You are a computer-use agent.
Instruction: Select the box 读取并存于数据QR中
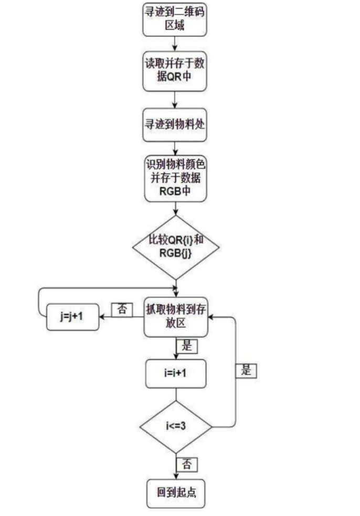pos(175,71)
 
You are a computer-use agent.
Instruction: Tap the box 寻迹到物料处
pos(175,124)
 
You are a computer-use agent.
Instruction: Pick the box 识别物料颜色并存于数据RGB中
pos(175,178)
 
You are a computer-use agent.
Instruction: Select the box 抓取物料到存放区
pos(176,317)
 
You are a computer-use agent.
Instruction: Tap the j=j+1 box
pos(72,317)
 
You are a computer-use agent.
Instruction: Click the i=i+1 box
pos(175,374)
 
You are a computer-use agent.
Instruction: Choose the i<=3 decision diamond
pos(176,426)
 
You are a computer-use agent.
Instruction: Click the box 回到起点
pos(175,493)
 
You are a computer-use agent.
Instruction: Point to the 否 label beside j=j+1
pos(122,309)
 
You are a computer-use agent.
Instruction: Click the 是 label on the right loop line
pos(246,370)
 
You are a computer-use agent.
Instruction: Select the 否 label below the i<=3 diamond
pos(186,464)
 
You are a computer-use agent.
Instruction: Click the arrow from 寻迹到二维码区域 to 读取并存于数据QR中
pos(175,43)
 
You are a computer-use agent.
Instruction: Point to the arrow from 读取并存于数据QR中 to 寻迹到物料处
pos(175,100)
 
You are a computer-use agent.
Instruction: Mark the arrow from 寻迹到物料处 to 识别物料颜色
pos(175,148)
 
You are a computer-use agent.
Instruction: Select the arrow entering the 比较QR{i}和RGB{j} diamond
pos(175,208)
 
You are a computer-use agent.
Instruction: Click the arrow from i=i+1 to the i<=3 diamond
pos(175,394)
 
